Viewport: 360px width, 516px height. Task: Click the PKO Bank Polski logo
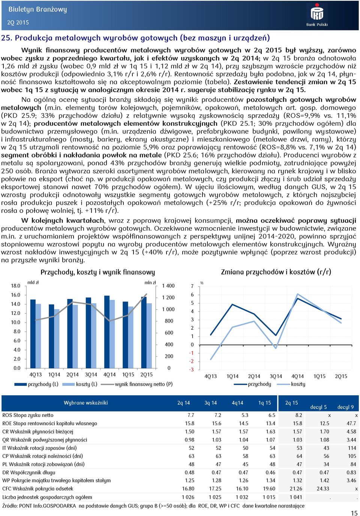pyautogui.click(x=317, y=15)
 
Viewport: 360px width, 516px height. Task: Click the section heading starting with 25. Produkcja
pyautogui.click(x=135, y=38)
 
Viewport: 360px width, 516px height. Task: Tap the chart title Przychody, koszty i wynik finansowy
pyautogui.click(x=97, y=272)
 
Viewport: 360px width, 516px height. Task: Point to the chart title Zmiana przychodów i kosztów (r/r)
pyautogui.click(x=276, y=272)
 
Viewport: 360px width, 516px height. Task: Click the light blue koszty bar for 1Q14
pyautogui.click(x=57, y=338)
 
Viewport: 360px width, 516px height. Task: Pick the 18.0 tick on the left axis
pyautogui.click(x=16, y=286)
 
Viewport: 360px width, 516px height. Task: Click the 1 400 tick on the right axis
pyautogui.click(x=168, y=286)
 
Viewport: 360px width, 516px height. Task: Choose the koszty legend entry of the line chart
pyautogui.click(x=292, y=384)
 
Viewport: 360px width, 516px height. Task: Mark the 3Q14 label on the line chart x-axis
pyautogui.click(x=276, y=376)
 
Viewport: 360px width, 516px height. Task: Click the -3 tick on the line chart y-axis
pyautogui.click(x=191, y=370)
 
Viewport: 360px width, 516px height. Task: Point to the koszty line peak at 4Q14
pyautogui.click(x=297, y=294)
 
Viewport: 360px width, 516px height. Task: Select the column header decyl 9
pyautogui.click(x=345, y=407)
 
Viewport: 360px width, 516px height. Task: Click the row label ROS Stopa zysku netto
pyautogui.click(x=28, y=415)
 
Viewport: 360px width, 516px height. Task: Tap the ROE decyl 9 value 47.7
pyautogui.click(x=351, y=423)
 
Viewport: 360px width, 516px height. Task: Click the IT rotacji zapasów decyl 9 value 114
pyautogui.click(x=352, y=448)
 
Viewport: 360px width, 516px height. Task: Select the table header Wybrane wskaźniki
pyautogui.click(x=85, y=403)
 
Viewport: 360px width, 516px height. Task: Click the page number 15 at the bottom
pyautogui.click(x=354, y=513)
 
